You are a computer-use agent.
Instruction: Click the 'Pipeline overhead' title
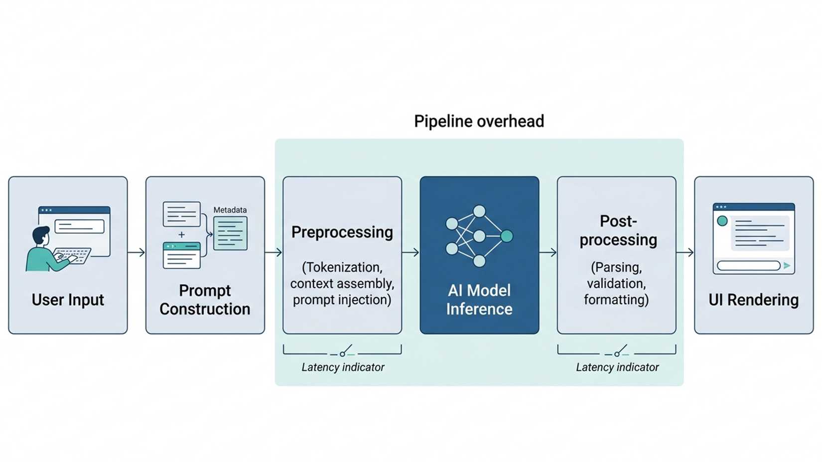(x=479, y=121)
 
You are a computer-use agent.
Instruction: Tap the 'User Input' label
(x=68, y=300)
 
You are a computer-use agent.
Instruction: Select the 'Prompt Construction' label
(x=205, y=300)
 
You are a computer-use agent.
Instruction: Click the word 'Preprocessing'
(x=342, y=232)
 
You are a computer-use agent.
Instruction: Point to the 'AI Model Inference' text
(x=479, y=300)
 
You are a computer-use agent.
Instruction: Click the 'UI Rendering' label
(x=754, y=300)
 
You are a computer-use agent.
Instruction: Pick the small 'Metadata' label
(x=230, y=210)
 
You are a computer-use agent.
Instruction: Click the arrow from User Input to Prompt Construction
(x=136, y=252)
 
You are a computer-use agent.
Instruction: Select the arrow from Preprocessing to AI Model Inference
(x=411, y=252)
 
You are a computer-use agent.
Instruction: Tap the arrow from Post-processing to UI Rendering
(x=685, y=252)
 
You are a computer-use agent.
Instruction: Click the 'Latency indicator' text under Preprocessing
(x=343, y=367)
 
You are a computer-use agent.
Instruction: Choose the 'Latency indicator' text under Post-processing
(x=617, y=367)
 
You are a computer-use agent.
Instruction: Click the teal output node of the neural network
(x=507, y=236)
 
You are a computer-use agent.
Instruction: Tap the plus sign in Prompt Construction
(x=182, y=234)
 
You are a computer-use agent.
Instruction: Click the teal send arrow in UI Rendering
(x=787, y=265)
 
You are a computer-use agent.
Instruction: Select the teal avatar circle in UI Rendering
(x=722, y=221)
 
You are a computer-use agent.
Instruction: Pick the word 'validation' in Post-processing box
(x=616, y=283)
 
